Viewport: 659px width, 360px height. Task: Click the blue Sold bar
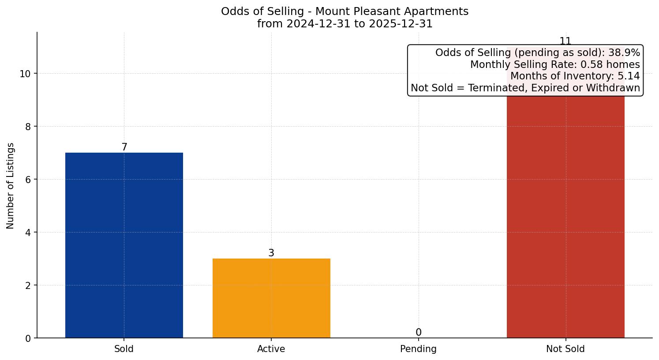point(124,245)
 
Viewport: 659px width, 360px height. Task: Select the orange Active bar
point(271,298)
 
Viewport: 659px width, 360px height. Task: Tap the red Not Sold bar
point(565,216)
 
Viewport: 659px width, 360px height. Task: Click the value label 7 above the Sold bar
point(124,147)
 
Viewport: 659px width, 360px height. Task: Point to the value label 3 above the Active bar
point(271,253)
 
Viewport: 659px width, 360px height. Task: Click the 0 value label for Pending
point(419,333)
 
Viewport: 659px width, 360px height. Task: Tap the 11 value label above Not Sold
point(565,41)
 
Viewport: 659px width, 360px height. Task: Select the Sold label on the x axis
point(124,349)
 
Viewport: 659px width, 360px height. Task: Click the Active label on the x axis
point(271,349)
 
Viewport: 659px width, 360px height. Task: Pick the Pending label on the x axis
point(418,349)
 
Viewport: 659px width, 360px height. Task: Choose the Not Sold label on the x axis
point(565,349)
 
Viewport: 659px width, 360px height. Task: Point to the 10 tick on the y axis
point(25,74)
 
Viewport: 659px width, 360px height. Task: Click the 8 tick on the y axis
point(28,127)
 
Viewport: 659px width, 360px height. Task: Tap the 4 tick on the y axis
point(28,232)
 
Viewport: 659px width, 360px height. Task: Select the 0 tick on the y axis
point(28,338)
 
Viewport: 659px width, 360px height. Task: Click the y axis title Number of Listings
point(11,186)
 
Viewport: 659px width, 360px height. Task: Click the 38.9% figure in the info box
point(624,53)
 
